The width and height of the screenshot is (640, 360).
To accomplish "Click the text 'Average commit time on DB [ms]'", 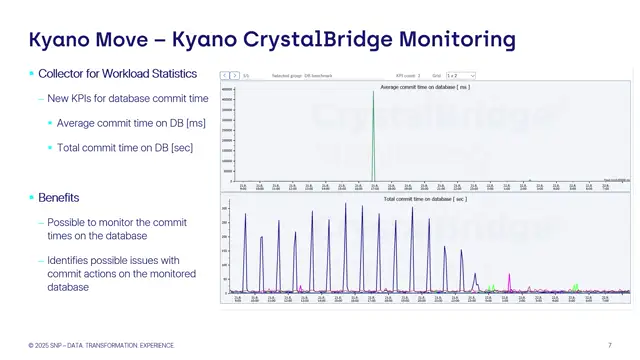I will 131,123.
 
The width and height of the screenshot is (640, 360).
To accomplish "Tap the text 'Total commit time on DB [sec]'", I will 125,148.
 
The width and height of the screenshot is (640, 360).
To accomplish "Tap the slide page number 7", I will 610,345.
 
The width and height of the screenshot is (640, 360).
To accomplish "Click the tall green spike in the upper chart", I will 374,130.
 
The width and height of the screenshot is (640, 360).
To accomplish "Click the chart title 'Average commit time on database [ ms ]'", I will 424,87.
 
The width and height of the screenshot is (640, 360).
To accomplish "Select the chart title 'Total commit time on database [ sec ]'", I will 424,199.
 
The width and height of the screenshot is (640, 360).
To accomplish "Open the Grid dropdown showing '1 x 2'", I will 461,75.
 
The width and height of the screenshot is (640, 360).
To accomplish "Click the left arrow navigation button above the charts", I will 225,75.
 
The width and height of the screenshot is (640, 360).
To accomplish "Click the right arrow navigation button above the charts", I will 235,75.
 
